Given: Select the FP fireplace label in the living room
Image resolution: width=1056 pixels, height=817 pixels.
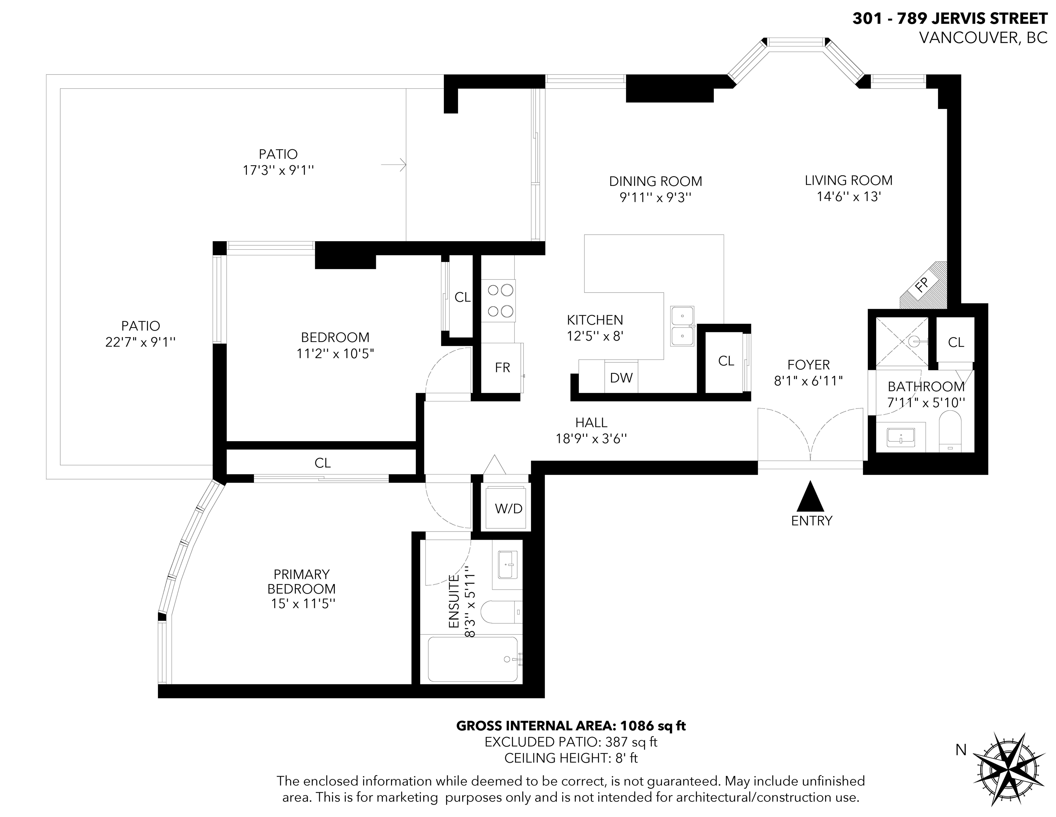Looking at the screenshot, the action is [922, 285].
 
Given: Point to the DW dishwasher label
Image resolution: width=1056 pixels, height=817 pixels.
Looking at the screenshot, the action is [621, 378].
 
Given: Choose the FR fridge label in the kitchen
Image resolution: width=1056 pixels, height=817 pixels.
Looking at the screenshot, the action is [502, 368].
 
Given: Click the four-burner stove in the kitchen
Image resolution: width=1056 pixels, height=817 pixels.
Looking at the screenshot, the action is [498, 301].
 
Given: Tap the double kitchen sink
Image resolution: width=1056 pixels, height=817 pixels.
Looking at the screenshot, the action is [682, 326].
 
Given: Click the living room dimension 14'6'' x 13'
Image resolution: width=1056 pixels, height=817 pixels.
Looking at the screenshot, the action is [848, 196].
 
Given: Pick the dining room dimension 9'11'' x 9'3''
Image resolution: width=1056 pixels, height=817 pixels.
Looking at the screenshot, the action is [656, 198].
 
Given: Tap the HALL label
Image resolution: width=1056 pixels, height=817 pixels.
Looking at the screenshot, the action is [591, 423].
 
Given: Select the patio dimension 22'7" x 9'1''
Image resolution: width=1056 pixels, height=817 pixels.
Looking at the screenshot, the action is [140, 342].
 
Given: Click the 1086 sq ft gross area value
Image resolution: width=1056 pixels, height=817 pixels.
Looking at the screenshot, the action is [653, 726].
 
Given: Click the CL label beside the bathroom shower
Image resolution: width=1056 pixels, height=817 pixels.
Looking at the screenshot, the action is [956, 342].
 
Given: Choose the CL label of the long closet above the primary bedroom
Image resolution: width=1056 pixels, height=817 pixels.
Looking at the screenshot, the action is [322, 463].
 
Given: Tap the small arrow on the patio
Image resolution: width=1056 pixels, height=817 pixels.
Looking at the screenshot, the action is [393, 165].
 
